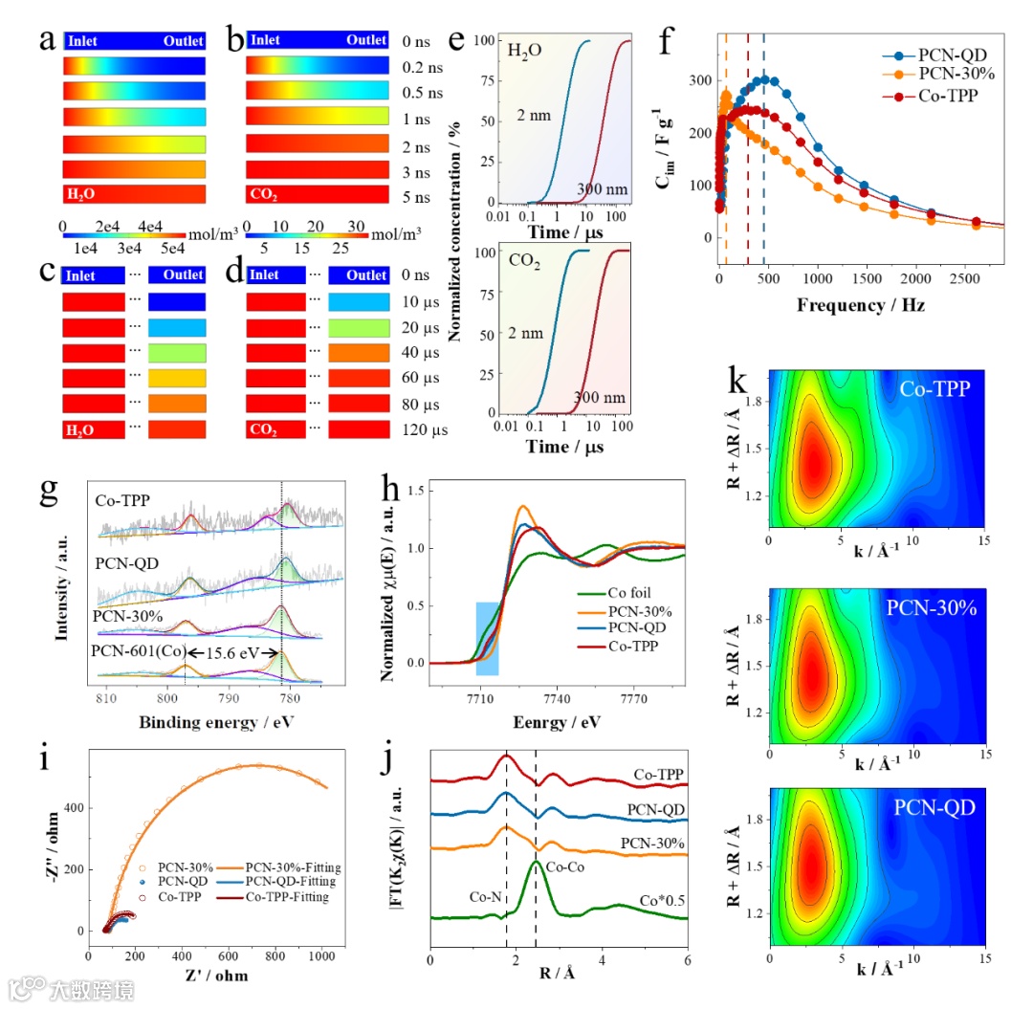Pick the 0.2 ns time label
[x=423, y=67]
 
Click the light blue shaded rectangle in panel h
[x=487, y=638]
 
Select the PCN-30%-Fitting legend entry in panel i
[x=297, y=867]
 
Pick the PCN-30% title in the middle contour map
[x=931, y=606]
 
